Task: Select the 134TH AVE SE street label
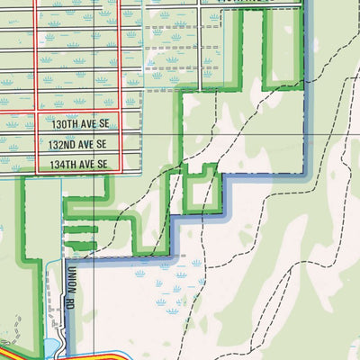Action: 79,164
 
